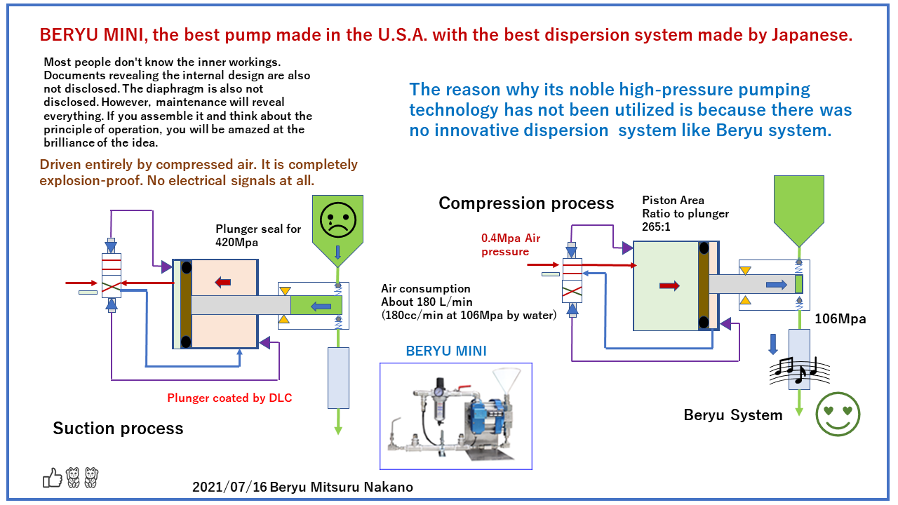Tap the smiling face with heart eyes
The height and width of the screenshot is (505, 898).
tap(838, 415)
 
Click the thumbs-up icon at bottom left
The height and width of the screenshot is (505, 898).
tap(53, 478)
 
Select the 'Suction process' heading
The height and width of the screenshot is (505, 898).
tap(118, 429)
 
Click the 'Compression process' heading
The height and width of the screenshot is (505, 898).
tap(526, 203)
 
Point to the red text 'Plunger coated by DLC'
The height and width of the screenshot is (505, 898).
tap(229, 398)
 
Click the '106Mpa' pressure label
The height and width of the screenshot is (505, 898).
tap(840, 319)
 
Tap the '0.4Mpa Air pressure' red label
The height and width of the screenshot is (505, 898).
tap(511, 245)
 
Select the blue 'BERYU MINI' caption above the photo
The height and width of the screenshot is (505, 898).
tap(446, 351)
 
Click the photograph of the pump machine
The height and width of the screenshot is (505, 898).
tap(455, 415)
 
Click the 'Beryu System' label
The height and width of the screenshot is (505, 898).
tap(733, 415)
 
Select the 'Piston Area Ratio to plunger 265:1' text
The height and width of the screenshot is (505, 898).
tap(685, 213)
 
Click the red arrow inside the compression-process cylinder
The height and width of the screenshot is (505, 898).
tap(669, 286)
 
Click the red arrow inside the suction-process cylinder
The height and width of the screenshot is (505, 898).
tap(223, 282)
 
